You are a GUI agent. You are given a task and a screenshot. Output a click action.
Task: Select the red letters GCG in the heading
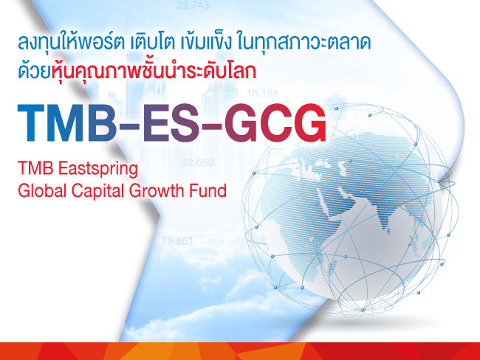click(x=275, y=125)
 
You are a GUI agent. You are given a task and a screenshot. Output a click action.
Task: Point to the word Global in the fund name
click(x=41, y=190)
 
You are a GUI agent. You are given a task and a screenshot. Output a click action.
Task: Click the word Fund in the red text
click(x=209, y=190)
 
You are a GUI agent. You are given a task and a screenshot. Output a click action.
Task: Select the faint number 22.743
click(x=193, y=6)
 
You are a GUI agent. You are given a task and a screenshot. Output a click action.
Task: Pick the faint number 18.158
click(x=262, y=94)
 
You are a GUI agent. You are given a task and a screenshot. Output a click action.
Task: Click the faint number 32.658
click(x=197, y=162)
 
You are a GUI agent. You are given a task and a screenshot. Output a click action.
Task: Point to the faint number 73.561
click(x=177, y=241)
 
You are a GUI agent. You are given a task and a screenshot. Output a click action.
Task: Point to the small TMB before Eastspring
click(x=33, y=169)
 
